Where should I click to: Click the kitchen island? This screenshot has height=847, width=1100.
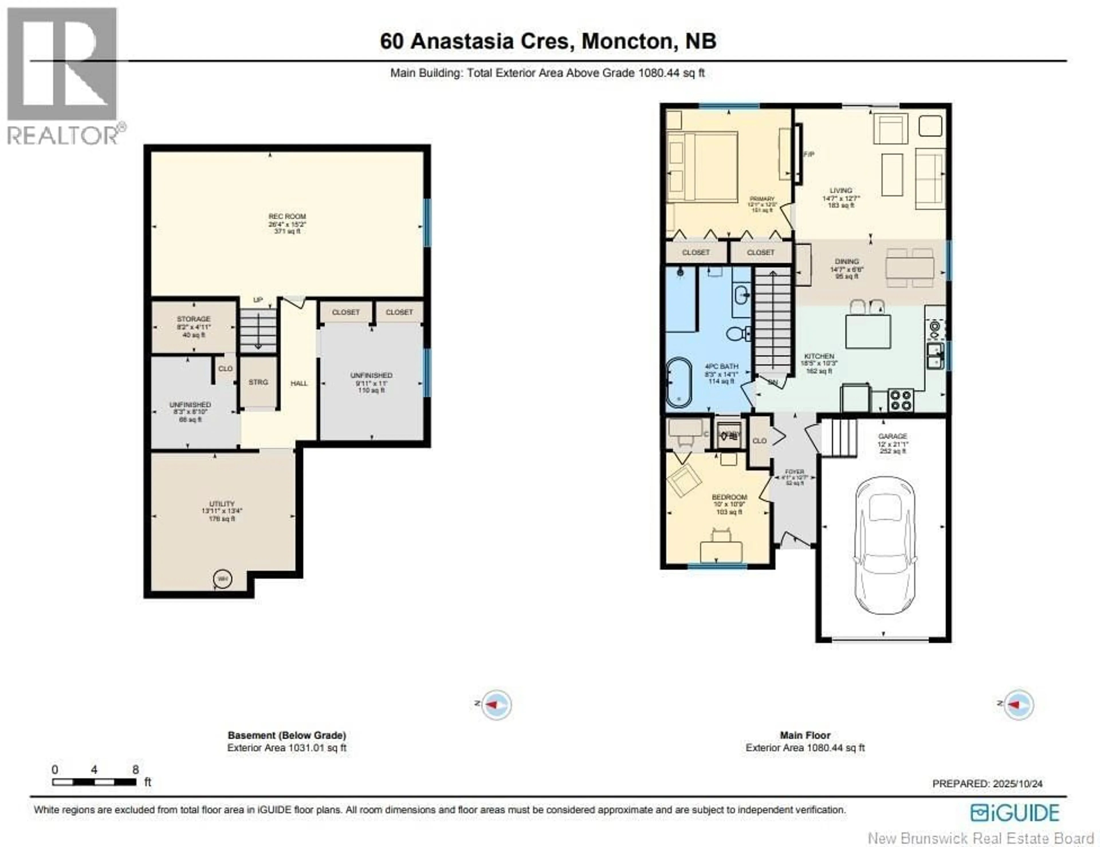click(x=867, y=331)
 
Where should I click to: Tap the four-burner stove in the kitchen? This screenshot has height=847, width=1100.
click(x=901, y=400)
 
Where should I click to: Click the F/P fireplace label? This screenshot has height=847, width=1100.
click(x=809, y=154)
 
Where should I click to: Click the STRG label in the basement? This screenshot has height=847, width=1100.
click(x=258, y=382)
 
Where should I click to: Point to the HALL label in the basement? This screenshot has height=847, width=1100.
click(x=299, y=384)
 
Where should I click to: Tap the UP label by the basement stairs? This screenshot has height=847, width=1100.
click(x=258, y=300)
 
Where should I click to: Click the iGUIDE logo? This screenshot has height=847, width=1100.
click(x=1015, y=813)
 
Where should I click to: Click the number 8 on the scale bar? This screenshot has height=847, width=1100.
click(x=135, y=769)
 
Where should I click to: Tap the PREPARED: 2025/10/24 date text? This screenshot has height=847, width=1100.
click(x=987, y=784)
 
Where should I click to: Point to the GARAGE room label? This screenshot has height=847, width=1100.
click(x=893, y=436)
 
